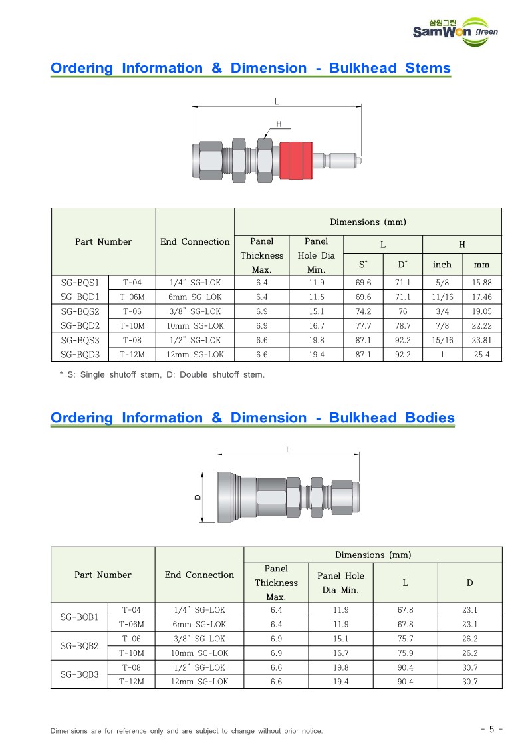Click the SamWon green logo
[455, 32]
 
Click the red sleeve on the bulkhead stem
[296, 160]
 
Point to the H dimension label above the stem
[279, 124]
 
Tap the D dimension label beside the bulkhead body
[198, 498]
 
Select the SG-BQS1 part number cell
[80, 283]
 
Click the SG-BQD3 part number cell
[80, 355]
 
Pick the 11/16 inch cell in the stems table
[442, 297]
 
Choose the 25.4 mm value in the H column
[482, 355]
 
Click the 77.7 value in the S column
[363, 326]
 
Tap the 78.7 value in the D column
[403, 326]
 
